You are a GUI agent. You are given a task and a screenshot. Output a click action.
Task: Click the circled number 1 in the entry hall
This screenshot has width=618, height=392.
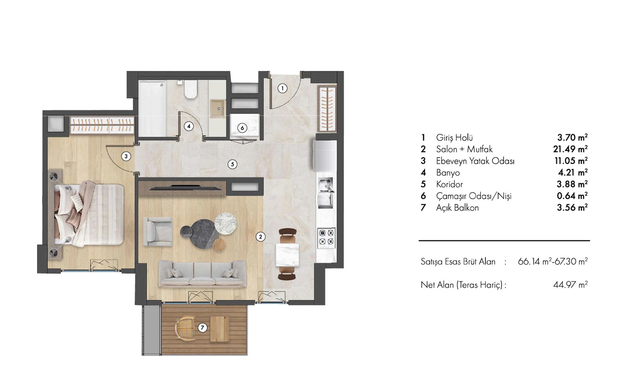click(283, 88)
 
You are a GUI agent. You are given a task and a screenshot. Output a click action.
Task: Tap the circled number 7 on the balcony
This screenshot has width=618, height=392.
click(202, 328)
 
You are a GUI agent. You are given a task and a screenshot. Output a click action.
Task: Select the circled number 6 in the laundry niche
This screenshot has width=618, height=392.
click(242, 128)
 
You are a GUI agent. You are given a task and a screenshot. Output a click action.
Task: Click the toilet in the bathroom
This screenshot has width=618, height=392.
click(190, 90)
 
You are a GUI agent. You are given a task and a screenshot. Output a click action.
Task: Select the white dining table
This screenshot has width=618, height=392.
click(287, 255)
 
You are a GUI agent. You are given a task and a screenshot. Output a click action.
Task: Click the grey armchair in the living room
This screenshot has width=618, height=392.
click(157, 231)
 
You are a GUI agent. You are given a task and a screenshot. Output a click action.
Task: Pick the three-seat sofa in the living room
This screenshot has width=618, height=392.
click(202, 274)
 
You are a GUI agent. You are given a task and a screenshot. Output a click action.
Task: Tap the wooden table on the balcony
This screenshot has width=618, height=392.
click(220, 329)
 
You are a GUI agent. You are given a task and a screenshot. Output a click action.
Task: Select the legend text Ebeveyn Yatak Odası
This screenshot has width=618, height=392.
click(475, 161)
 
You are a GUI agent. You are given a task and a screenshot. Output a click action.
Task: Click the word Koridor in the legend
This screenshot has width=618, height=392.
click(449, 184)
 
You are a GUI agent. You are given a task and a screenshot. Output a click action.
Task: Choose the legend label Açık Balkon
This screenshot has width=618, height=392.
click(457, 208)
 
